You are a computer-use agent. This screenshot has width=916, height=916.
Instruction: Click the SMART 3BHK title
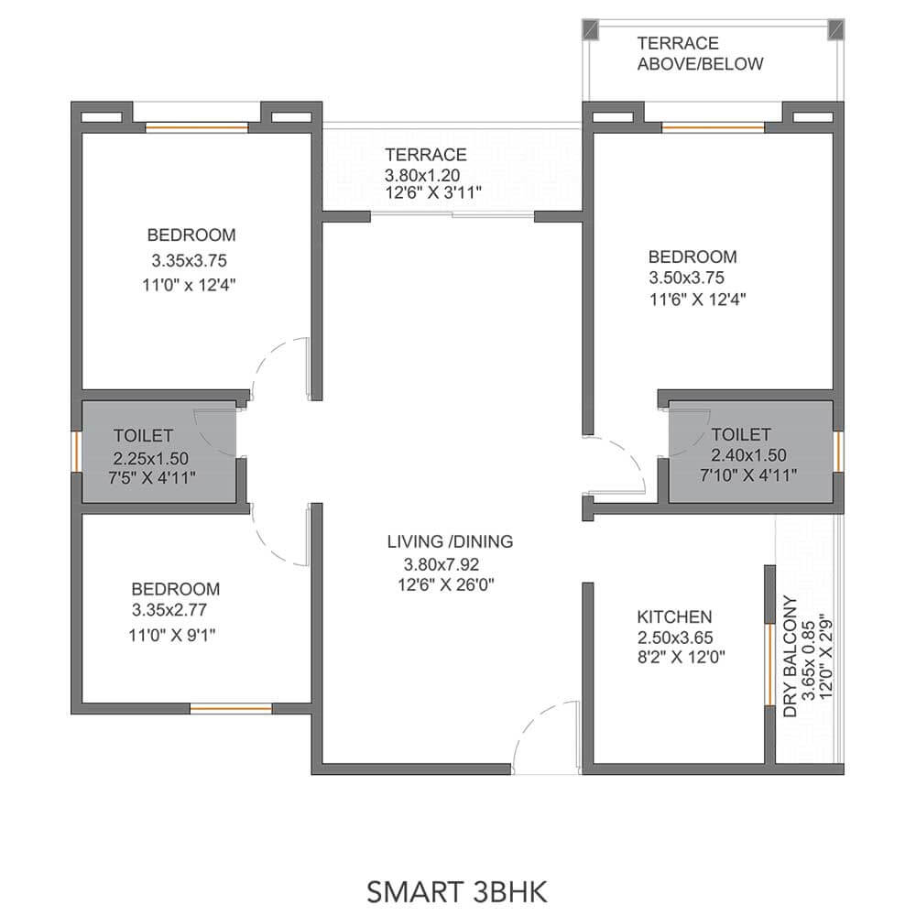tap(457, 892)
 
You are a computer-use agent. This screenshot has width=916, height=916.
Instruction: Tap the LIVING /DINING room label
tap(450, 541)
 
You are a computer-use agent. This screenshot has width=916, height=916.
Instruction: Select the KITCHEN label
tap(674, 616)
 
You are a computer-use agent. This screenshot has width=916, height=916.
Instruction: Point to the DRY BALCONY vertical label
tap(790, 656)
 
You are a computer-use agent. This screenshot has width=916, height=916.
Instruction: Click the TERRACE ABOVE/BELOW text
tap(700, 53)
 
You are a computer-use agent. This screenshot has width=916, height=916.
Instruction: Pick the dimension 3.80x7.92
tap(442, 564)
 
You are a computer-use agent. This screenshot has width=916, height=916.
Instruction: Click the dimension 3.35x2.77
tap(169, 610)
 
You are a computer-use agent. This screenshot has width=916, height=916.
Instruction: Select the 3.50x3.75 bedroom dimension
tap(686, 278)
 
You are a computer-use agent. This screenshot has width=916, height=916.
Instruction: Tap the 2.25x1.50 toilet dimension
tap(151, 458)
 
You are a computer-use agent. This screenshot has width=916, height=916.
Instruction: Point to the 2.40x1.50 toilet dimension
tap(748, 454)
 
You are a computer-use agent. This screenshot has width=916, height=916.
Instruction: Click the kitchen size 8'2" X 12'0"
tap(682, 657)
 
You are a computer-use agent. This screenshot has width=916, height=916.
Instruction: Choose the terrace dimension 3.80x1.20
tap(421, 175)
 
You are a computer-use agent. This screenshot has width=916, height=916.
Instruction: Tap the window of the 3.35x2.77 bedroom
tap(232, 709)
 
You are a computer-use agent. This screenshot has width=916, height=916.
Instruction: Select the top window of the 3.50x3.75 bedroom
tap(713, 126)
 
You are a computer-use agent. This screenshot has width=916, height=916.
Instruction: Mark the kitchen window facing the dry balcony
tap(770, 665)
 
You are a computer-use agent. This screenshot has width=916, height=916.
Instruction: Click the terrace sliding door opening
tap(453, 215)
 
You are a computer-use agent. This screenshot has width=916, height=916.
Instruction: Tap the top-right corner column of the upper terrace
tap(836, 29)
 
